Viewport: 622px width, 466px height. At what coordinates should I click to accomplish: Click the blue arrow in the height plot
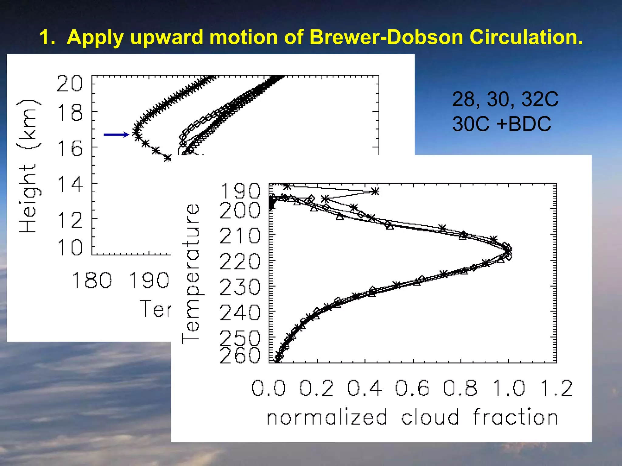click(116, 135)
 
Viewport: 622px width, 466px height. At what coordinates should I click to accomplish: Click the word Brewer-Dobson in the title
click(386, 37)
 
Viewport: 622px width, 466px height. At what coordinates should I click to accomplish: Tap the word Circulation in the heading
click(526, 37)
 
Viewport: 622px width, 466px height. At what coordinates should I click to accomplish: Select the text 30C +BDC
click(501, 124)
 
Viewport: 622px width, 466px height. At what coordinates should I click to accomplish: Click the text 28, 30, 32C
click(505, 99)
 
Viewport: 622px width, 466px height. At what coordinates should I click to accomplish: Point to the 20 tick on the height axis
click(69, 83)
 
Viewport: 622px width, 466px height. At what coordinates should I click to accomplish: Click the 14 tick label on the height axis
click(70, 184)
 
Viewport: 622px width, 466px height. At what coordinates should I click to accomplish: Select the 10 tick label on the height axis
click(70, 247)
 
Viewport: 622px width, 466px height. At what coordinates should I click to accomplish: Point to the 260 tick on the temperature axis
click(240, 355)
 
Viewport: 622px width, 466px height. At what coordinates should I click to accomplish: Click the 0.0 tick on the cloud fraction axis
click(269, 388)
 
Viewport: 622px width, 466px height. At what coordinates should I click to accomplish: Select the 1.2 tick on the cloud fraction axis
click(556, 388)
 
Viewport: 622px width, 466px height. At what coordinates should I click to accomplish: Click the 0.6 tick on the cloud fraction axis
click(412, 388)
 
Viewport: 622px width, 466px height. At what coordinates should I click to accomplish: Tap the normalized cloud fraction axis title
click(412, 417)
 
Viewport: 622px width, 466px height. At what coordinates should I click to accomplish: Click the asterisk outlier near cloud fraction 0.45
click(376, 191)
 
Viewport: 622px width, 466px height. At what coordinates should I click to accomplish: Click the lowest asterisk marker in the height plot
click(168, 158)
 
